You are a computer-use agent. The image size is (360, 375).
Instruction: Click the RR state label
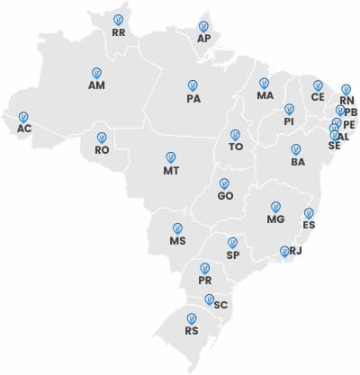tap(119, 32)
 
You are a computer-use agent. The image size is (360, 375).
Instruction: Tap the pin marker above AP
tap(203, 27)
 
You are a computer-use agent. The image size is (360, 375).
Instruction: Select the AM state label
tap(97, 85)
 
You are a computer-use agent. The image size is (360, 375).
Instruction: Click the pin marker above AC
tap(23, 117)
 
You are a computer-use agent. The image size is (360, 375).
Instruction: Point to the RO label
tap(102, 150)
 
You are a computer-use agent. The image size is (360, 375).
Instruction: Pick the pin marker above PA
tap(193, 85)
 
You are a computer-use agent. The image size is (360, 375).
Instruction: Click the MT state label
tap(171, 170)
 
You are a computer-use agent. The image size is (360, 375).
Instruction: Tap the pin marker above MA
tap(265, 83)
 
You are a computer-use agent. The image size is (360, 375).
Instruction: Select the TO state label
tap(236, 146)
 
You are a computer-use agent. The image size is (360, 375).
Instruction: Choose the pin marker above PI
tap(289, 109)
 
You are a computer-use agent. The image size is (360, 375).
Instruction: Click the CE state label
tap(318, 97)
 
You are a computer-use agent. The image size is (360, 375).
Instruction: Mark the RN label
tap(347, 101)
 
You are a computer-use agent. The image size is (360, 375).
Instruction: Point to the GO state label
tap(225, 195)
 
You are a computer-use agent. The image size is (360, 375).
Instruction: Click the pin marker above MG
tap(276, 206)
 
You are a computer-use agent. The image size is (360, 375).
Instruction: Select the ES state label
tap(309, 225)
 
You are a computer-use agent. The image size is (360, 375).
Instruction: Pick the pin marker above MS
tap(177, 228)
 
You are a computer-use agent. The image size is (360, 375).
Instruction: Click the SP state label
tap(232, 255)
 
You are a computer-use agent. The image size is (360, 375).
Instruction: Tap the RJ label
tap(296, 252)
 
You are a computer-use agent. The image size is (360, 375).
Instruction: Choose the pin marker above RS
tap(191, 317)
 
